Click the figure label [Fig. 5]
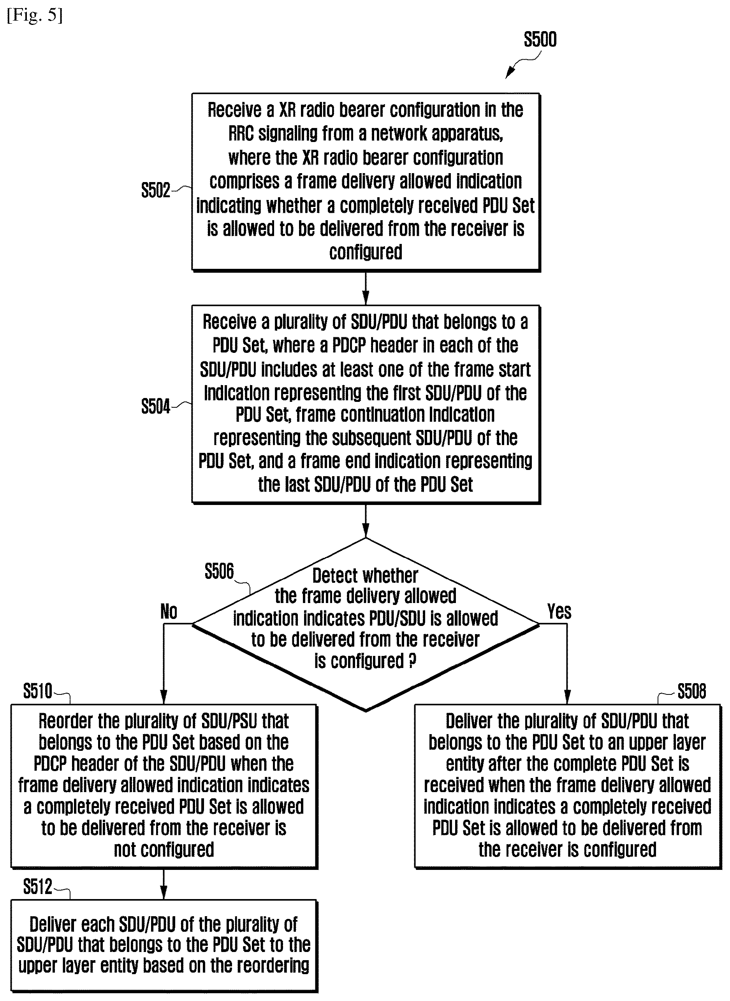tap(35, 15)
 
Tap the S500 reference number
tap(540, 39)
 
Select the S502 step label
tap(156, 190)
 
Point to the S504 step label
tap(156, 406)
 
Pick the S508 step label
tap(691, 691)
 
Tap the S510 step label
tap(37, 691)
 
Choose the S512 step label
tap(37, 887)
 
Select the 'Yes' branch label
tap(559, 612)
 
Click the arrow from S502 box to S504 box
tap(366, 288)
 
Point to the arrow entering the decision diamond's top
tap(366, 521)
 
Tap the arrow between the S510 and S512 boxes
tap(164, 884)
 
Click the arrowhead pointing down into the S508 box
tap(567, 697)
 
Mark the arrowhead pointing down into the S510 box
tap(164, 697)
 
